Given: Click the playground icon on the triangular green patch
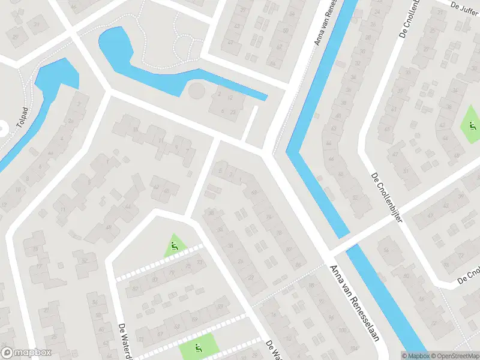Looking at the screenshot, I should [x=174, y=245].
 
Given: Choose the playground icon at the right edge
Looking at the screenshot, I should [x=472, y=126].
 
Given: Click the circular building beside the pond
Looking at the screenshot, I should [x=196, y=92].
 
